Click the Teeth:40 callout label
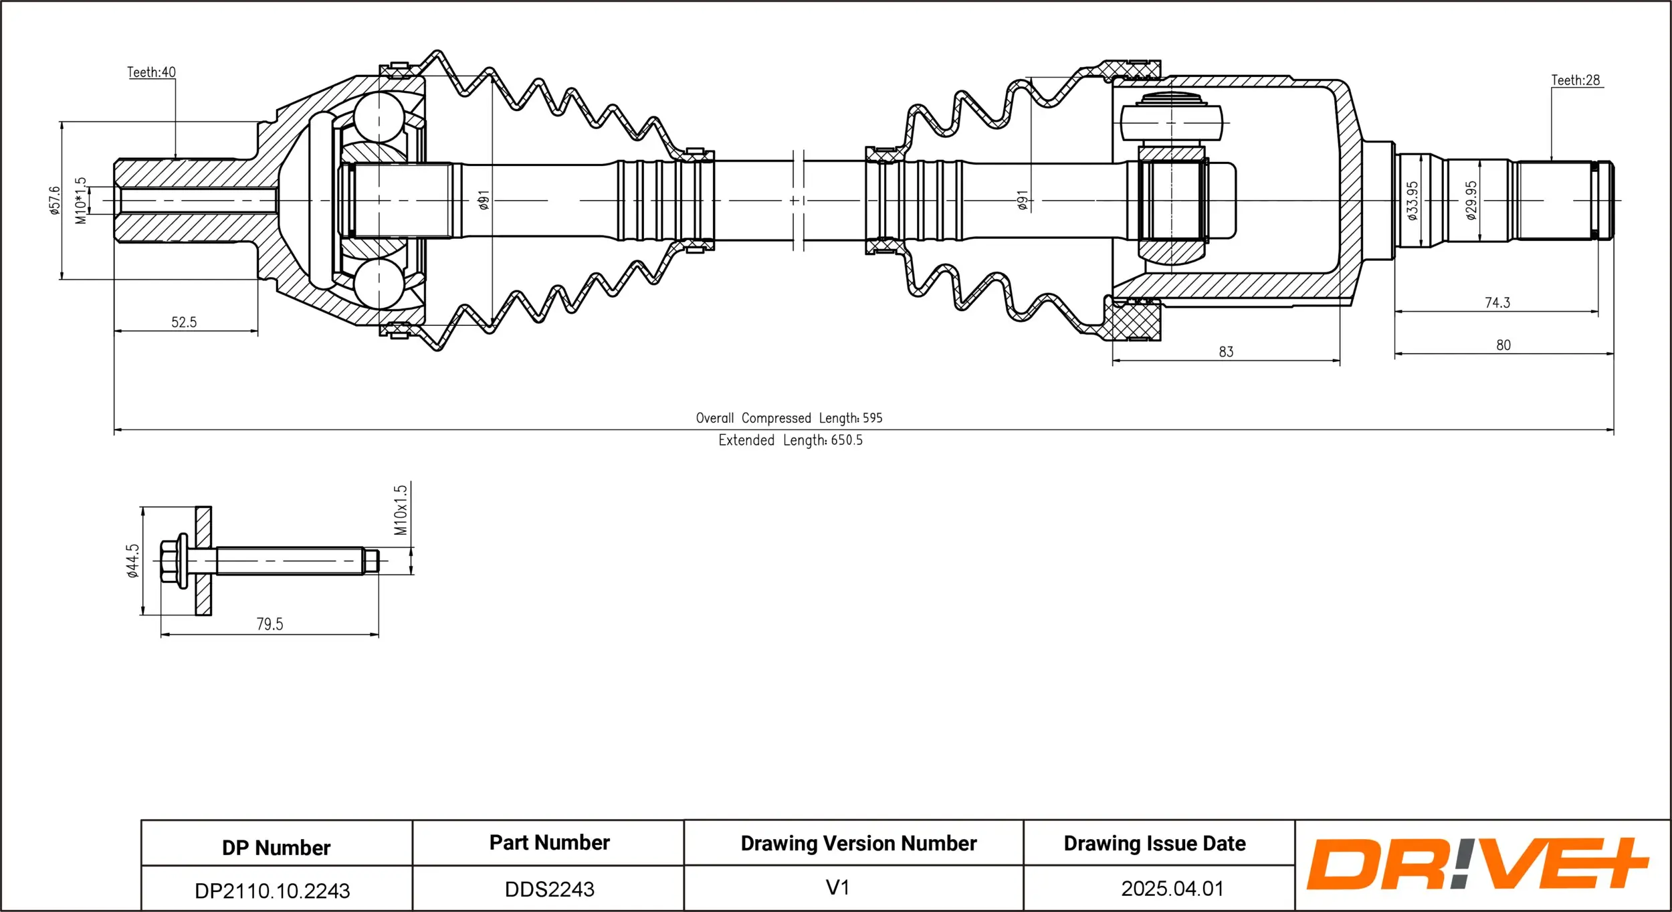pyautogui.click(x=151, y=72)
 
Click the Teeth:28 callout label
pyautogui.click(x=1575, y=80)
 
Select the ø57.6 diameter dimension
pyautogui.click(x=54, y=200)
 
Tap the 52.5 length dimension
pyautogui.click(x=184, y=323)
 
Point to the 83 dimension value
pyautogui.click(x=1225, y=352)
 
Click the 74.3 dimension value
pyautogui.click(x=1497, y=303)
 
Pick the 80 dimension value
pyautogui.click(x=1503, y=345)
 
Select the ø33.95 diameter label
pyautogui.click(x=1412, y=200)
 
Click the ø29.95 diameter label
pyautogui.click(x=1471, y=200)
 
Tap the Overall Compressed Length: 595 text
pyautogui.click(x=789, y=418)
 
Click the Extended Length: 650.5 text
pyautogui.click(x=791, y=440)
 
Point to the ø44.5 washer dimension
pyautogui.click(x=133, y=560)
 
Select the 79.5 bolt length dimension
pyautogui.click(x=270, y=624)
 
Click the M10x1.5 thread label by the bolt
pyautogui.click(x=400, y=510)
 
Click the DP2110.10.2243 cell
pyautogui.click(x=272, y=891)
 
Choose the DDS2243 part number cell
pyautogui.click(x=549, y=889)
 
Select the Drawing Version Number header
pyautogui.click(x=858, y=843)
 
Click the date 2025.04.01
pyautogui.click(x=1172, y=889)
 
